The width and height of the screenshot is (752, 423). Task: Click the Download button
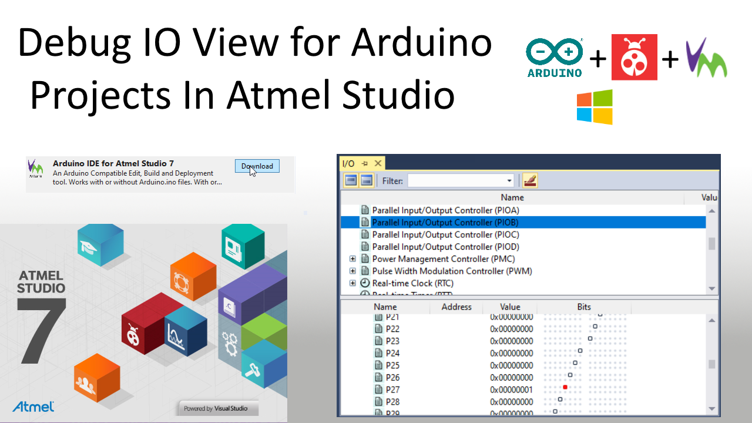tap(257, 166)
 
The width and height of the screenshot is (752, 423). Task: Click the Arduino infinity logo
tap(555, 53)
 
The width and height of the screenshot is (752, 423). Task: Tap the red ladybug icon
tap(634, 57)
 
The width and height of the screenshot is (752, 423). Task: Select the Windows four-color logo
tap(595, 107)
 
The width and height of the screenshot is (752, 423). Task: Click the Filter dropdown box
tap(461, 180)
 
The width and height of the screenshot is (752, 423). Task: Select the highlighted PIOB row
tap(445, 222)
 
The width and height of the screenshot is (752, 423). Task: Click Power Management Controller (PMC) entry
tap(444, 258)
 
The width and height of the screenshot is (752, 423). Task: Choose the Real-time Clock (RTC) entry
tap(412, 283)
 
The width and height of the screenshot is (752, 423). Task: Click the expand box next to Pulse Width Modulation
tap(352, 271)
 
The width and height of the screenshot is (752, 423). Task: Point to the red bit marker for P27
tap(565, 387)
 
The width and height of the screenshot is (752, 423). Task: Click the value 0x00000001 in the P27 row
tap(511, 390)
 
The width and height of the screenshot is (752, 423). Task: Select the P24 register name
tap(392, 353)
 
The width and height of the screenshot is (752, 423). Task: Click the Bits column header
tap(583, 307)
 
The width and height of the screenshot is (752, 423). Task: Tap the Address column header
tap(456, 307)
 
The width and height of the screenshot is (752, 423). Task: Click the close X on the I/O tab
tap(378, 163)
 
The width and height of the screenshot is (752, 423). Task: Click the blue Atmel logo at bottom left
tap(33, 406)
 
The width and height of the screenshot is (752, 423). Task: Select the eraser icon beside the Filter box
tap(530, 180)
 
